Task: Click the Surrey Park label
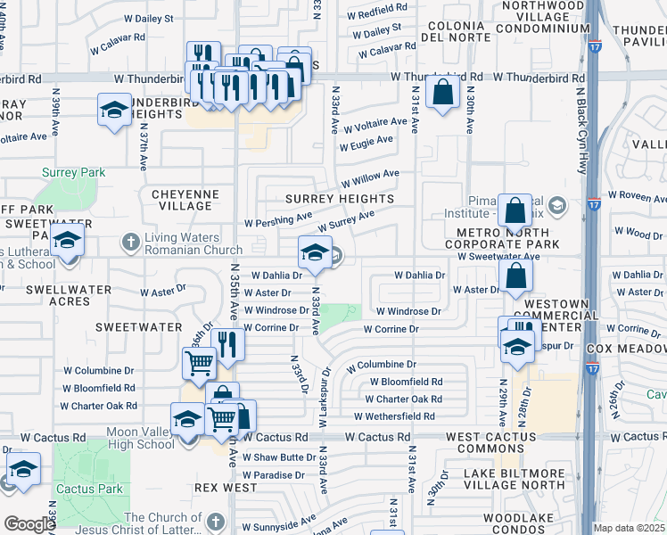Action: (72, 172)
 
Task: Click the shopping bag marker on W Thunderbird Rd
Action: (442, 92)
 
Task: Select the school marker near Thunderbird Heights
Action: (114, 111)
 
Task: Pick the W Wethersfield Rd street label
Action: (393, 416)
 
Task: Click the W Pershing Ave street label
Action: (277, 219)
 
